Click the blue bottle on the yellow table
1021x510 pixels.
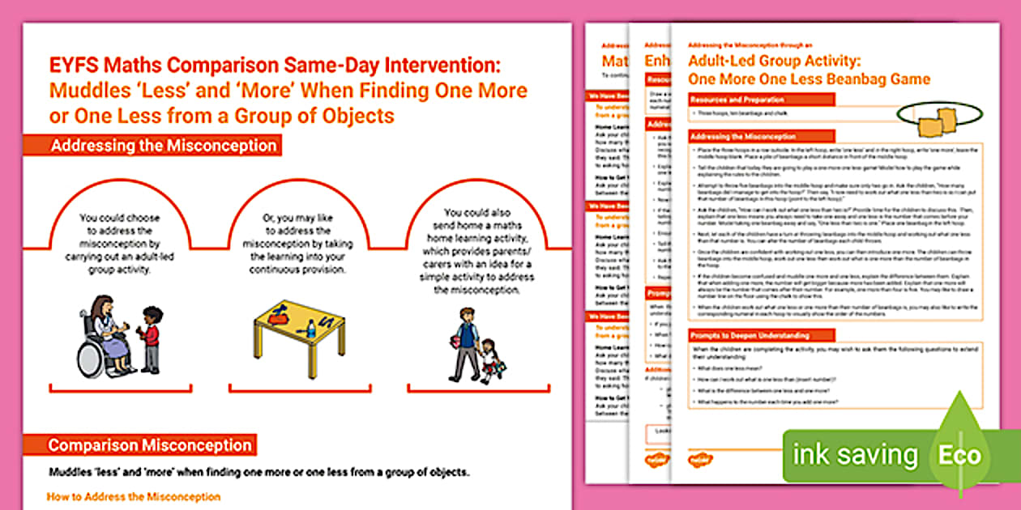tap(311, 329)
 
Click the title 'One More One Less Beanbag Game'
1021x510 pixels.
tap(809, 79)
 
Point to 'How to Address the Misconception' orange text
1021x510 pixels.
tap(134, 496)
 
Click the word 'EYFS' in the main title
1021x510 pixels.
tap(72, 67)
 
